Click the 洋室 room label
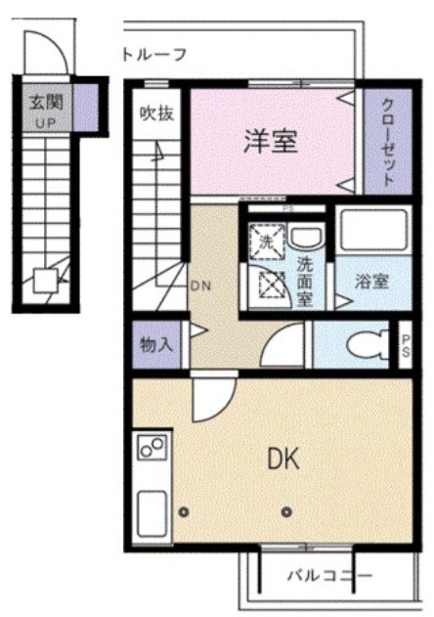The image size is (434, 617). [271, 141]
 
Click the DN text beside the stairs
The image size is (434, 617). [200, 286]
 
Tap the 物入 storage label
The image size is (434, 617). [156, 344]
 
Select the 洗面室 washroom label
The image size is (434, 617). [305, 281]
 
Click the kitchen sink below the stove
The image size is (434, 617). [152, 509]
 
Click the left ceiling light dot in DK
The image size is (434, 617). [186, 510]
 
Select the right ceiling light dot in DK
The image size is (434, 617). [286, 510]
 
